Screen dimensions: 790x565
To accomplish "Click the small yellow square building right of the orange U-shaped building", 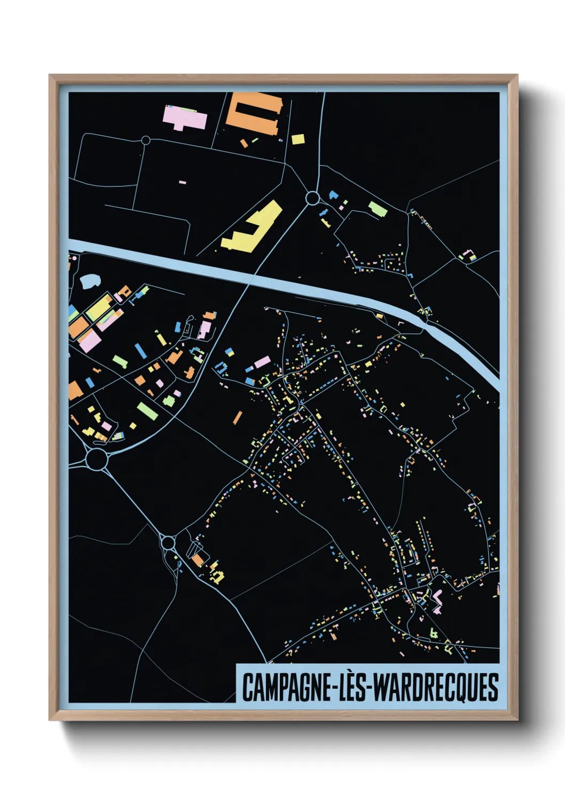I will click(x=298, y=139).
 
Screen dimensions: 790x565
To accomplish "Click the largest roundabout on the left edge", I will click(x=97, y=460).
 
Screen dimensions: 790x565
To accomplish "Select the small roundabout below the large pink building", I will click(x=146, y=140).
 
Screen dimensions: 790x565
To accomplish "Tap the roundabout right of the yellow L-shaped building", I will click(x=312, y=199).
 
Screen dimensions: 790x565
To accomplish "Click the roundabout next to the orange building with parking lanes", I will click(x=168, y=543).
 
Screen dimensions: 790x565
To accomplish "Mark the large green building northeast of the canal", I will click(x=378, y=209).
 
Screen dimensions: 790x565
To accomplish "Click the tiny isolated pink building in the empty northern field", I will click(x=183, y=183).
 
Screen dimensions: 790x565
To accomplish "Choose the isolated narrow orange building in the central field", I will click(x=237, y=417).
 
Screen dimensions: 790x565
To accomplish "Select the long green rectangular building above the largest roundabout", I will click(x=147, y=410).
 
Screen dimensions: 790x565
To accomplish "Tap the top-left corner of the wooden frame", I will click(x=50, y=76).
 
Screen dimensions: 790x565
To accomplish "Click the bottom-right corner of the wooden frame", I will click(x=516, y=720).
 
